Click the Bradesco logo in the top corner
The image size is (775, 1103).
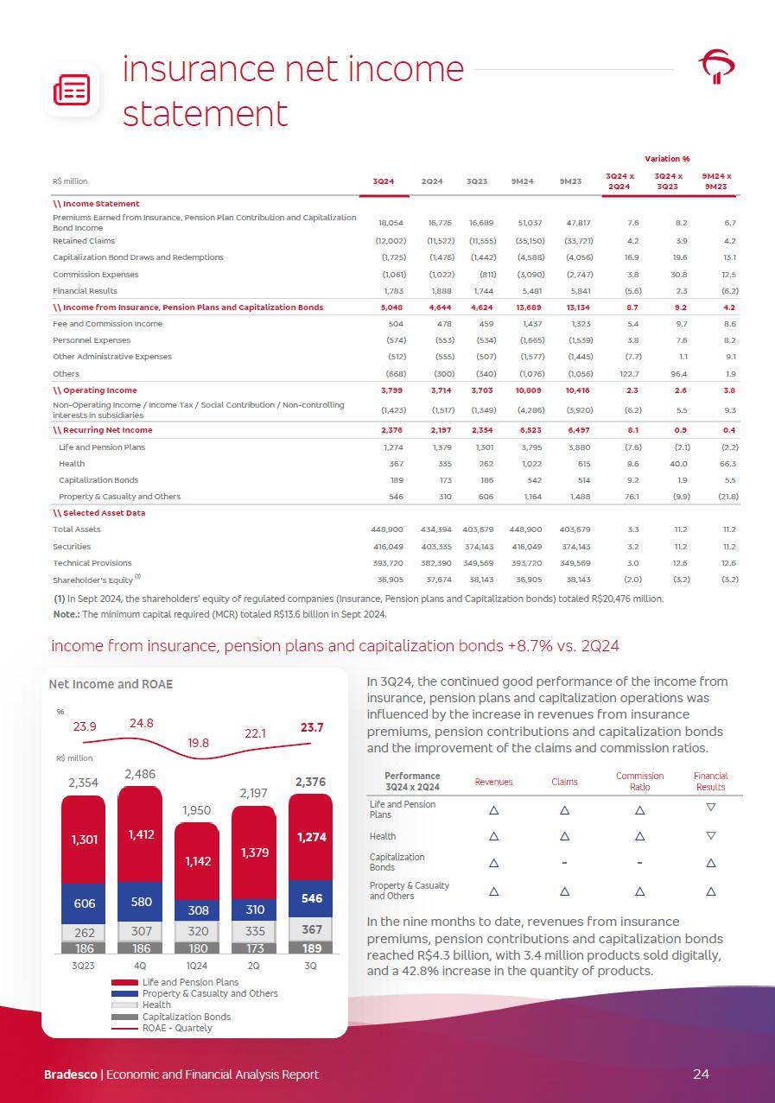(716, 67)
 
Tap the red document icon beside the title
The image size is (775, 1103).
(72, 87)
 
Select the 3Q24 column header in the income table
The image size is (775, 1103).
(383, 181)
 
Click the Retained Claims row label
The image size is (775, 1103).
(84, 241)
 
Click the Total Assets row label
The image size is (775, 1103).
(77, 529)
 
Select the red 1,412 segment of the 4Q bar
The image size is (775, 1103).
(140, 834)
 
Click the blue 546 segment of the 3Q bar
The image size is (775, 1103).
(310, 898)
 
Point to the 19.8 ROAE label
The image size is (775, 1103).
(199, 741)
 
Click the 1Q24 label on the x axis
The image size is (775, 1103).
(197, 966)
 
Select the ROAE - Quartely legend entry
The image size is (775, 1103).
(176, 1028)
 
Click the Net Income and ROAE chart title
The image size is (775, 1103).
(111, 684)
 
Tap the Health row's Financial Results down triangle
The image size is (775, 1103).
(710, 836)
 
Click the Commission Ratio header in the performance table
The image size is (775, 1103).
(639, 781)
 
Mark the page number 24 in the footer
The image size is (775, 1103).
(701, 1074)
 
